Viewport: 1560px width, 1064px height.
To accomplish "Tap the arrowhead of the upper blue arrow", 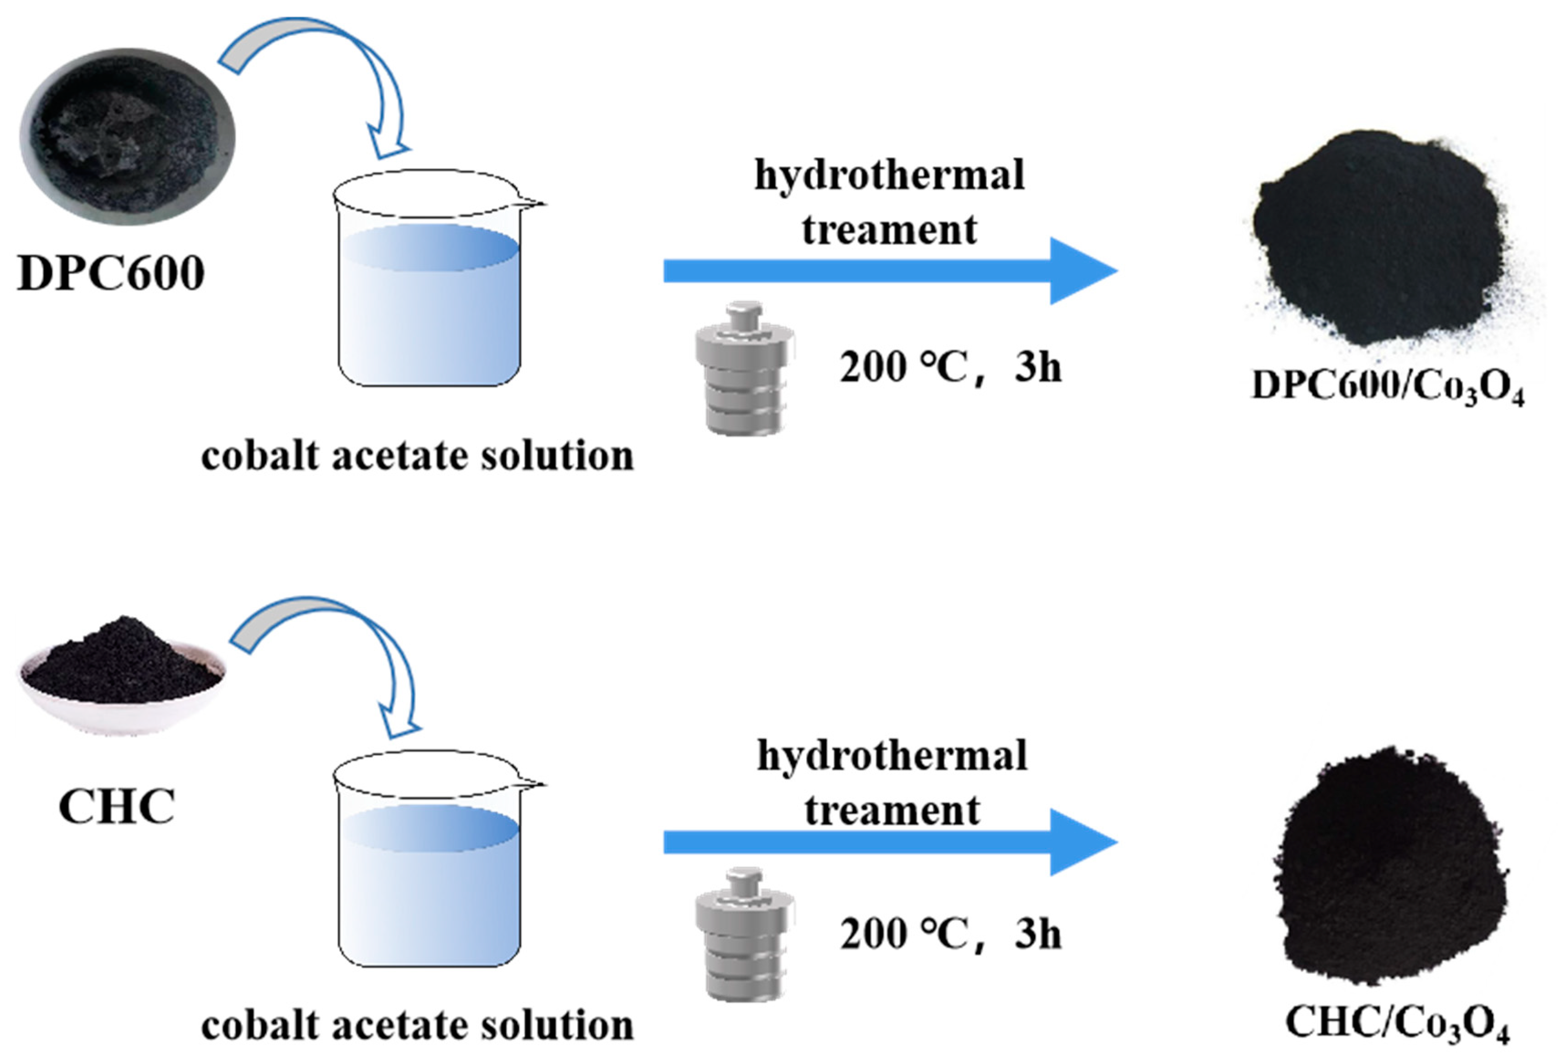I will tap(1081, 270).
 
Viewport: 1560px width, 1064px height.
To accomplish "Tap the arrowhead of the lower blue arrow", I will tap(1081, 842).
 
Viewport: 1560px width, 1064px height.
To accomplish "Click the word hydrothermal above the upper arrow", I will tap(889, 176).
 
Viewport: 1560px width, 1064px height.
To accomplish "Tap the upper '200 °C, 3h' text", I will tap(950, 368).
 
